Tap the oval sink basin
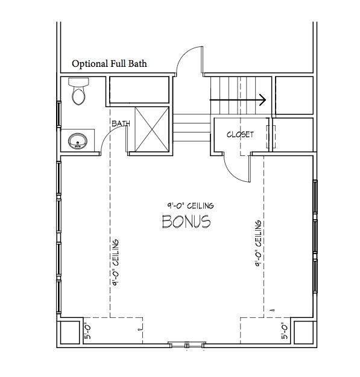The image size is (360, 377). pyautogui.click(x=78, y=141)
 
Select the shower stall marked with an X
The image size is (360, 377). pyautogui.click(x=152, y=129)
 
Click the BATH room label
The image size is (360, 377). pyautogui.click(x=121, y=123)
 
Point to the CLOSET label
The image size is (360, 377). pyautogui.click(x=240, y=134)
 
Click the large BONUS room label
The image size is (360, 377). pyautogui.click(x=186, y=222)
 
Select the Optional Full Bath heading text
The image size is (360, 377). pyautogui.click(x=109, y=63)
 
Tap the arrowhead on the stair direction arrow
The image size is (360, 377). pyautogui.click(x=263, y=99)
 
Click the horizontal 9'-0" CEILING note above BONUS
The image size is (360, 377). pyautogui.click(x=191, y=205)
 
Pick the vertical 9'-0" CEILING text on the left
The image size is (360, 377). pyautogui.click(x=116, y=263)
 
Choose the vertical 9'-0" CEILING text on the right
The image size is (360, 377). pyautogui.click(x=258, y=243)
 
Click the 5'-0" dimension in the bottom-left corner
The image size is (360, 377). pyautogui.click(x=88, y=332)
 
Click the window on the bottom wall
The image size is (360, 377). pyautogui.click(x=187, y=345)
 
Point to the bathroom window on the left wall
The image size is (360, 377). pyautogui.click(x=58, y=114)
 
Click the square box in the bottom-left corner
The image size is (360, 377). pyautogui.click(x=70, y=332)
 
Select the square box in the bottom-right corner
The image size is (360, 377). pyautogui.click(x=304, y=332)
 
